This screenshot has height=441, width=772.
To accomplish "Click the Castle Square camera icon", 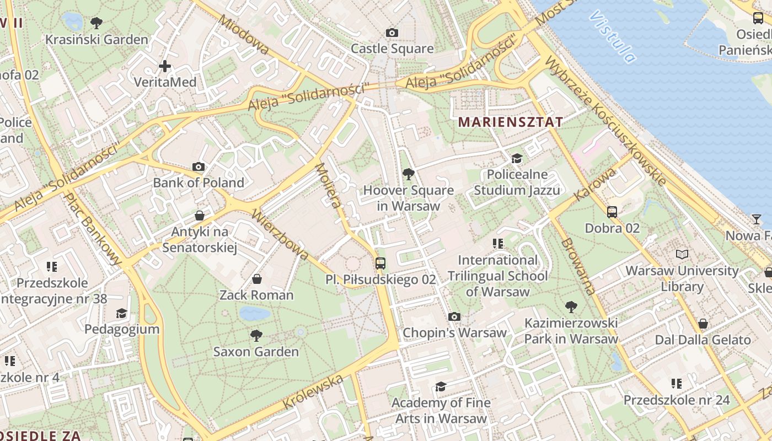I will point(392,33).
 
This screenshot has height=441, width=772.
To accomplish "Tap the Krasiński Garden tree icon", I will point(96,23).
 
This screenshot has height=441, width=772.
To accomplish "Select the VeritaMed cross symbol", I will point(164,67).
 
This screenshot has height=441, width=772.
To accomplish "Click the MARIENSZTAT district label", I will point(511,122).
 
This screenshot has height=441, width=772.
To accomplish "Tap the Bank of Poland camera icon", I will point(199,166).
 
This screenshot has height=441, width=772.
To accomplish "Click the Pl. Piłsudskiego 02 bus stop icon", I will point(380,263).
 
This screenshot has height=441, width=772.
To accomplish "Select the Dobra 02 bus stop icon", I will point(612,212).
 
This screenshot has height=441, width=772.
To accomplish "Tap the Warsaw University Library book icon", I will point(682,255).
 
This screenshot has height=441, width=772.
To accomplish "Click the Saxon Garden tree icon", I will point(256,335).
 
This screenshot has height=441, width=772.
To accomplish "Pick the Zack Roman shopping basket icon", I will point(256,279).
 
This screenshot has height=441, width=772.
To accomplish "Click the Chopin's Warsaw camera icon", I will point(454,316).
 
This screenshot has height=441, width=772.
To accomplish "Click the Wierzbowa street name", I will point(280,234).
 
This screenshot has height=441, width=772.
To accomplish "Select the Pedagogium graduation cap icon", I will point(121,314).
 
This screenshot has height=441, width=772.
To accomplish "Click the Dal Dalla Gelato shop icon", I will point(703,324).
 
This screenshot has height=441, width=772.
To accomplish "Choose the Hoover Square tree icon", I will point(408,175).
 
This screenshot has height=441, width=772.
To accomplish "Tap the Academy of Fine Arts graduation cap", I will point(440,387).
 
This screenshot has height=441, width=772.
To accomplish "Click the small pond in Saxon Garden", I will point(254,314).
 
